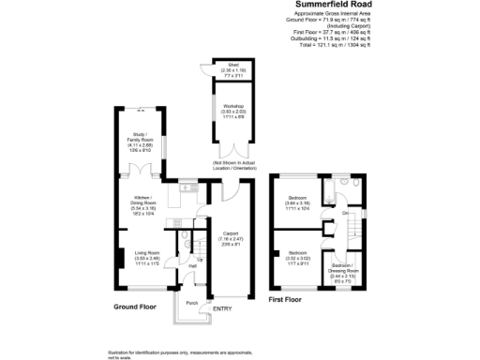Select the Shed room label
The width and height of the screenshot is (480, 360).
pos(232,68)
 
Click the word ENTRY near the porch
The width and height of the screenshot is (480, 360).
pos(222,308)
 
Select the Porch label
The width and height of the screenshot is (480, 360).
pos(191,304)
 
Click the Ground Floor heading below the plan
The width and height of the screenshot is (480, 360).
pos(135,307)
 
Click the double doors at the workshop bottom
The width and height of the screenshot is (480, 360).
pos(233,150)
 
